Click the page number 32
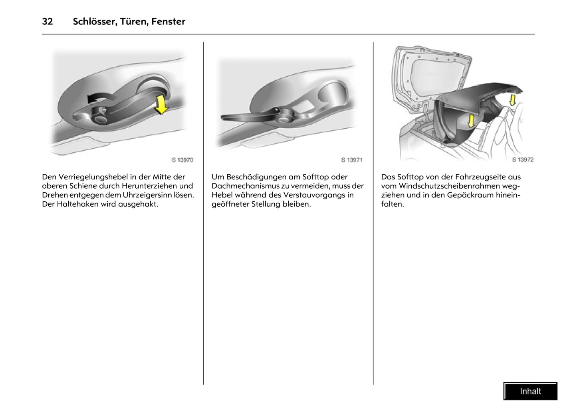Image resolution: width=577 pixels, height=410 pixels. click(47, 22)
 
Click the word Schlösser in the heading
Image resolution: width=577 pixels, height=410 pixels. click(94, 22)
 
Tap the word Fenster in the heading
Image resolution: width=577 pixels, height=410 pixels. click(168, 22)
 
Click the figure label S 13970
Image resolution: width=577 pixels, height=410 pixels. click(182, 160)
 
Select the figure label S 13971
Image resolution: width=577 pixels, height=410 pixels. click(352, 160)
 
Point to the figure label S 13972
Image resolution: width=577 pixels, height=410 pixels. click(523, 159)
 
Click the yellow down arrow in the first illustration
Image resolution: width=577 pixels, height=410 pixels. click(161, 104)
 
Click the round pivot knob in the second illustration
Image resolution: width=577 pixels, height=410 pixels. click(286, 118)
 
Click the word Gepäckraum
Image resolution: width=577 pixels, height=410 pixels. click(470, 195)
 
